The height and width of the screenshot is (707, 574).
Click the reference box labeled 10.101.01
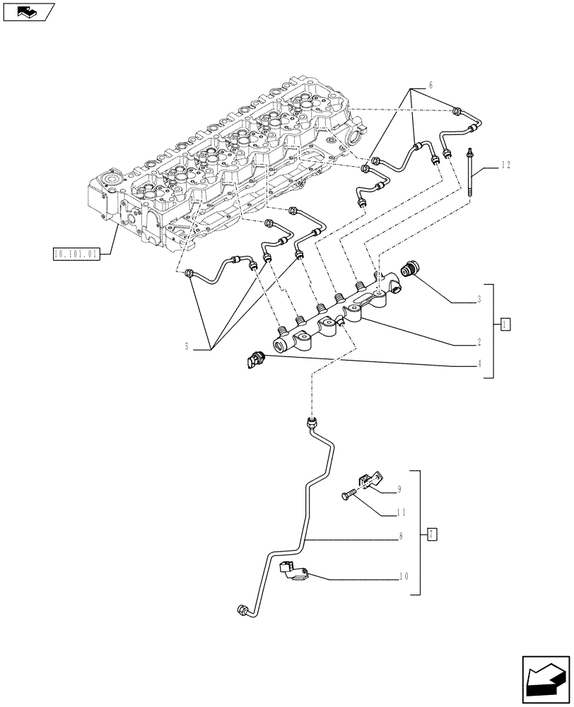(76, 253)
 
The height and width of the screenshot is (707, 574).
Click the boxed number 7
(432, 534)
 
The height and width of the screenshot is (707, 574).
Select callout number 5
(187, 346)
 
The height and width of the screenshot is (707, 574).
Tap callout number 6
(430, 86)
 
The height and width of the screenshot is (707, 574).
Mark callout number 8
(399, 537)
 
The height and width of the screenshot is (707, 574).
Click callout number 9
(399, 489)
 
